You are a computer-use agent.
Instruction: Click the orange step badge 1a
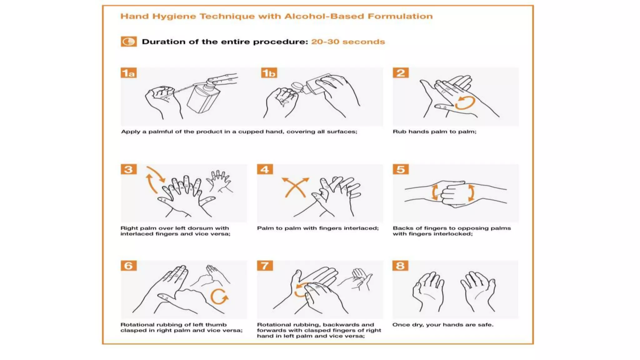[x=128, y=73]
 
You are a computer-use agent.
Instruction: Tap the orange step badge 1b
[x=269, y=73]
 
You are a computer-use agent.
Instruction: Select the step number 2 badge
[x=401, y=73]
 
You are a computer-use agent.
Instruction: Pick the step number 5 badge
[x=401, y=169]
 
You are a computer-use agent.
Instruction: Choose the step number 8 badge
[x=400, y=266]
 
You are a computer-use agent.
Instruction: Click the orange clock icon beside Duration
[x=129, y=42]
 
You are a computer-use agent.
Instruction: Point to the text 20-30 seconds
[x=348, y=42]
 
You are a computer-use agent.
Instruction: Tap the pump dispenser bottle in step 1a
[x=203, y=97]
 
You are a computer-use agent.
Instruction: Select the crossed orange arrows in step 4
[x=295, y=187]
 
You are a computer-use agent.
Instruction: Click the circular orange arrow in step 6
[x=219, y=296]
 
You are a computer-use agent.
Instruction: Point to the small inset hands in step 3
[x=220, y=181]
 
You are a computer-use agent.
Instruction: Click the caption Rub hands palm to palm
[x=434, y=132]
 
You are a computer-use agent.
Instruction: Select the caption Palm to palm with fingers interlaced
[x=317, y=228]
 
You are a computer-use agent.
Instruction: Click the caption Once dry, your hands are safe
[x=443, y=325]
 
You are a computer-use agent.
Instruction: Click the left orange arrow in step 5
[x=435, y=192]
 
